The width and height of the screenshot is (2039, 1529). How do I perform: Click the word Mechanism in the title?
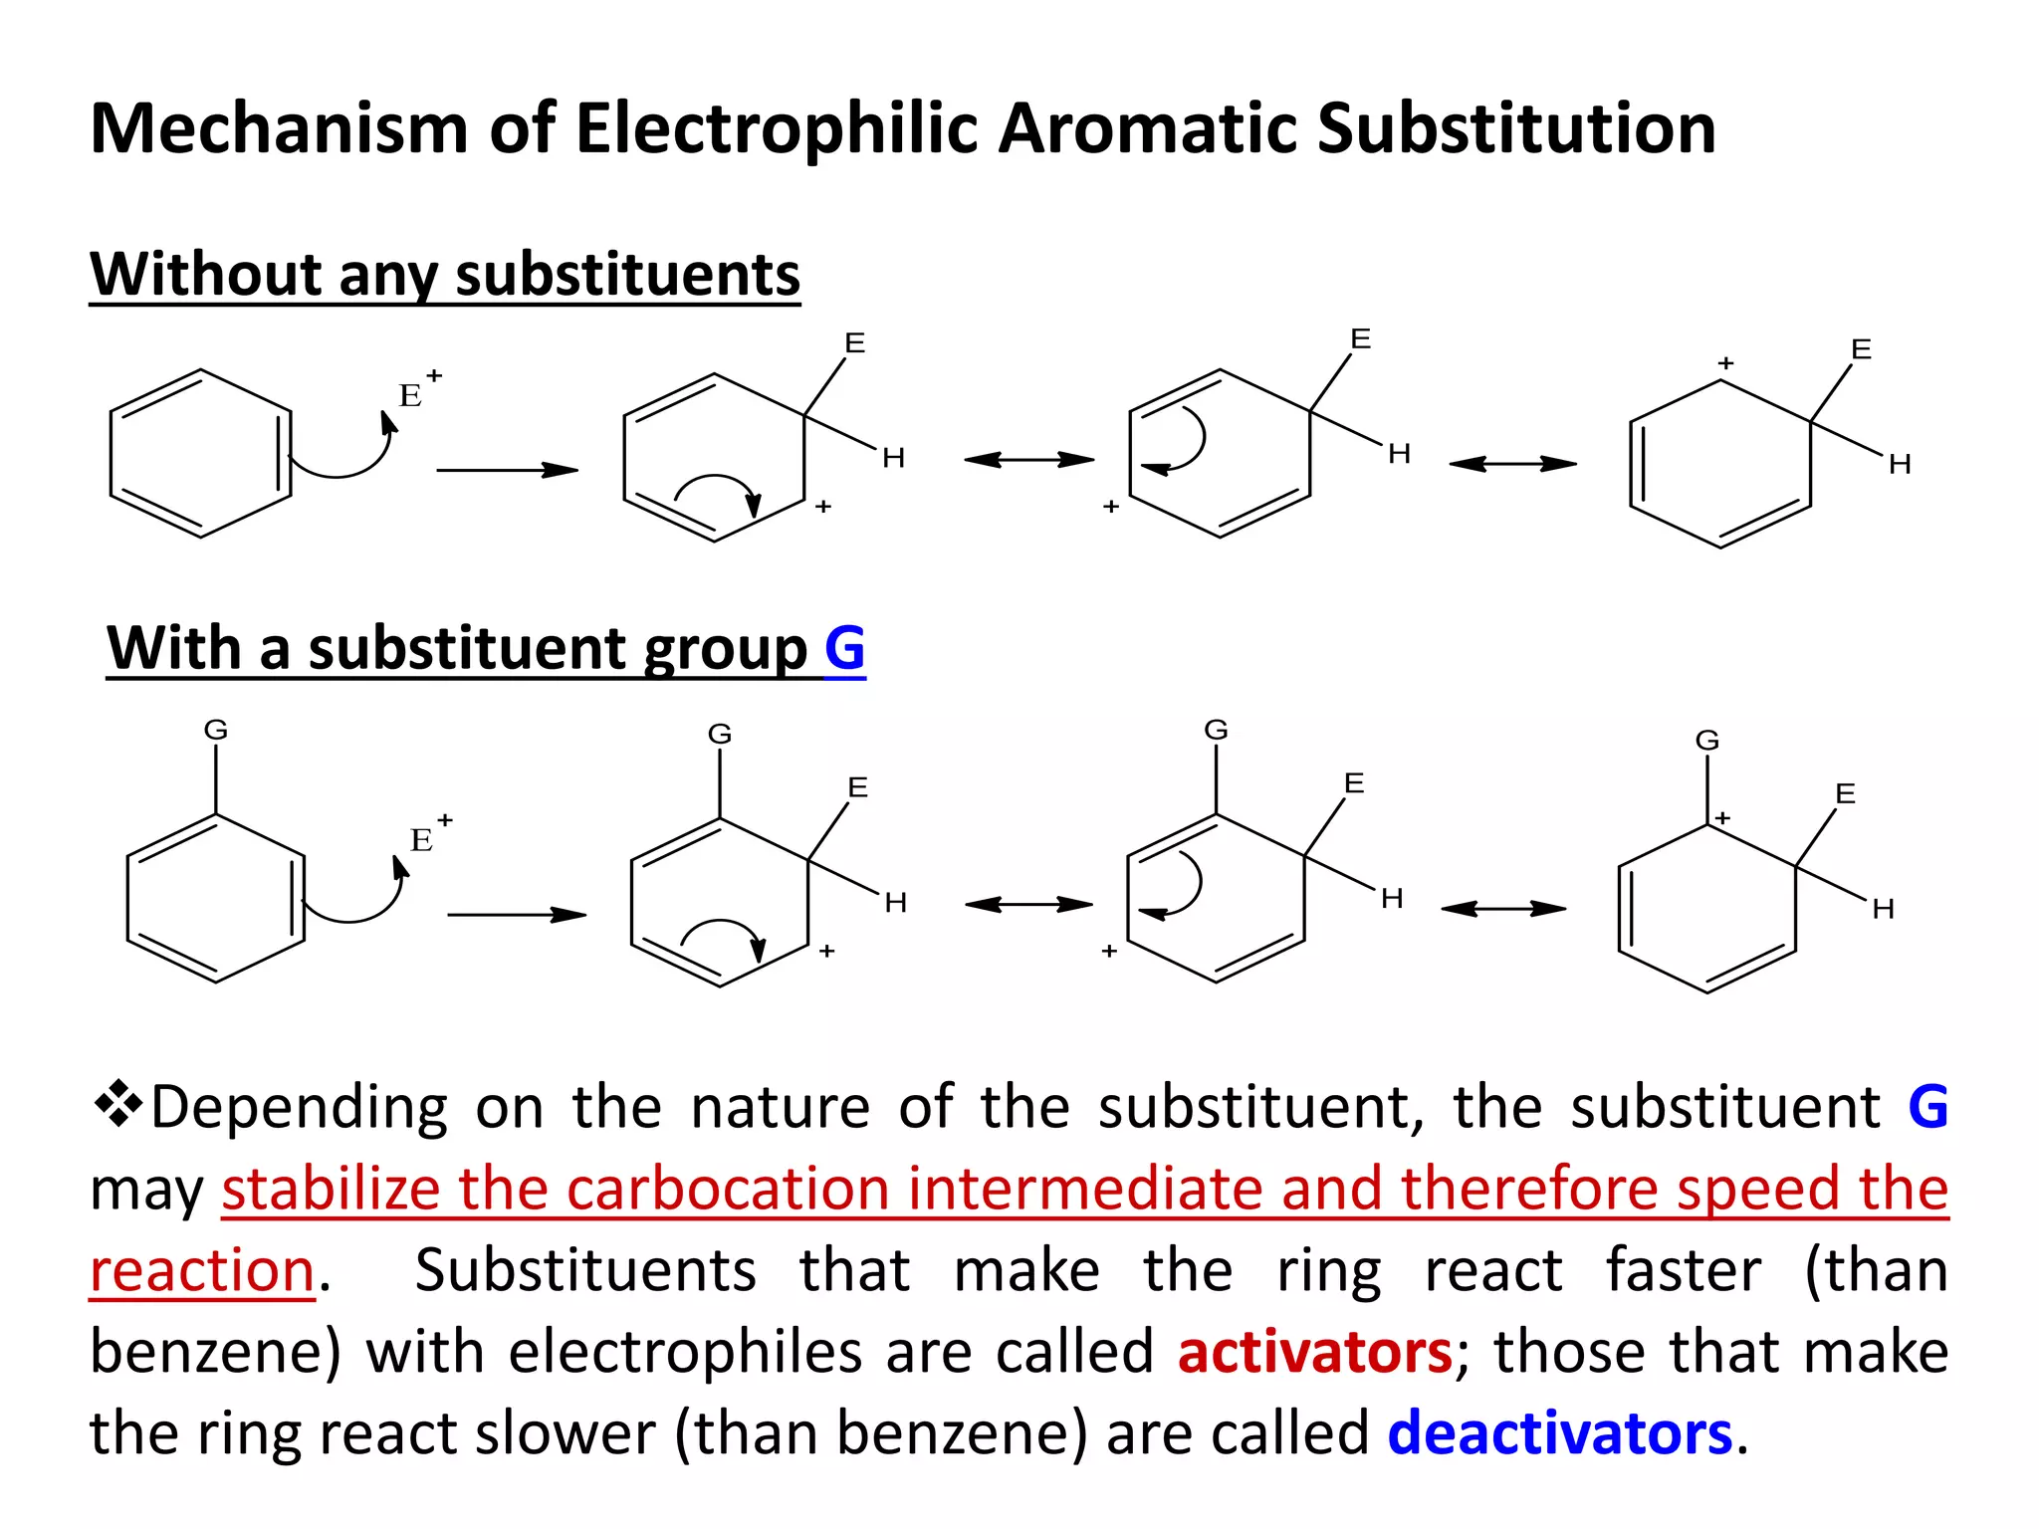pyautogui.click(x=279, y=129)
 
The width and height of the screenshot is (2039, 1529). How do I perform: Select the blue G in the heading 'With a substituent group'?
pyautogui.click(x=844, y=648)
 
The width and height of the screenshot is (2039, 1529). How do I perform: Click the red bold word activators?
pyautogui.click(x=1314, y=1352)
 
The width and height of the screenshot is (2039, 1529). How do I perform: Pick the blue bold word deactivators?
pyautogui.click(x=1560, y=1433)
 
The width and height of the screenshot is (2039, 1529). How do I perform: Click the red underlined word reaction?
pyautogui.click(x=202, y=1271)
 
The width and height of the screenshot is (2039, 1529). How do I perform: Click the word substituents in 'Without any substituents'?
pyautogui.click(x=627, y=274)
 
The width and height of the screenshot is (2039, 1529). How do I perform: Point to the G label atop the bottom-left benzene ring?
pyautogui.click(x=216, y=730)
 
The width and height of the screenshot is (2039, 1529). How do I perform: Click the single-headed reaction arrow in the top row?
pyautogui.click(x=507, y=470)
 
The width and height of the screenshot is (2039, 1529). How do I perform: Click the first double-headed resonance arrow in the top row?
pyautogui.click(x=1028, y=460)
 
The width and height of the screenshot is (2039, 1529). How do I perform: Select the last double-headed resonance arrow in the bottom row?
pyautogui.click(x=1503, y=908)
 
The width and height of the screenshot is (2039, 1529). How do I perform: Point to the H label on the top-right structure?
pyautogui.click(x=1900, y=464)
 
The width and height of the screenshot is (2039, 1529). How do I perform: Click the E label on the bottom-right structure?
pyautogui.click(x=1845, y=793)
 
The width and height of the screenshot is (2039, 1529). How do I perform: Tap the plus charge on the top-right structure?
pyautogui.click(x=1725, y=363)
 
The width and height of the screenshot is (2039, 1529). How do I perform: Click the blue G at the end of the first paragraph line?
pyautogui.click(x=1927, y=1106)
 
